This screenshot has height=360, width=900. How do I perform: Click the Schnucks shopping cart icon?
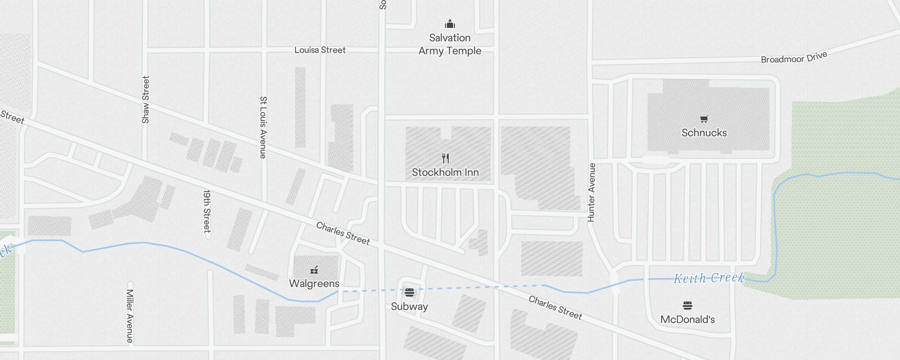tap(704, 119)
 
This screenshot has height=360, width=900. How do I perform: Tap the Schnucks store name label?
tap(704, 133)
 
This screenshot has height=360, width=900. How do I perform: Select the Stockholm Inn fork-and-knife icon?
tap(445, 158)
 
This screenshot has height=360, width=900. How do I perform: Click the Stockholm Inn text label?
tap(445, 172)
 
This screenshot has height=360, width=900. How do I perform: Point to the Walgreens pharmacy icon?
tap(314, 270)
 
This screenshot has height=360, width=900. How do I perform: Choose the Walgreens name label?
tap(314, 283)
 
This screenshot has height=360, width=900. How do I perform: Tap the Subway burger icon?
tap(409, 292)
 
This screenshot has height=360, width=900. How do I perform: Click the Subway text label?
tap(409, 306)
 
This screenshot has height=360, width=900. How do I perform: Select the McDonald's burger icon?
tap(687, 306)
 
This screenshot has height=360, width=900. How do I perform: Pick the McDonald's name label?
tap(687, 319)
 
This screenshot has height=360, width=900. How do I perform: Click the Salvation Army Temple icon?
tap(450, 24)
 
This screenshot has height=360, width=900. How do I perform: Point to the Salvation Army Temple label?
tap(450, 44)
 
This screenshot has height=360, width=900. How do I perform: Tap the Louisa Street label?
tap(320, 50)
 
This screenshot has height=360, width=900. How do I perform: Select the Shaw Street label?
tap(145, 99)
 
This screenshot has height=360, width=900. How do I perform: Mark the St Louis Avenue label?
tap(263, 127)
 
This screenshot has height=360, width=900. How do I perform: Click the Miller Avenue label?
tap(130, 316)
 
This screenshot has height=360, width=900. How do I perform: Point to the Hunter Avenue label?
tap(591, 192)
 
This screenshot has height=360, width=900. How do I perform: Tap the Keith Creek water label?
tap(709, 278)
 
